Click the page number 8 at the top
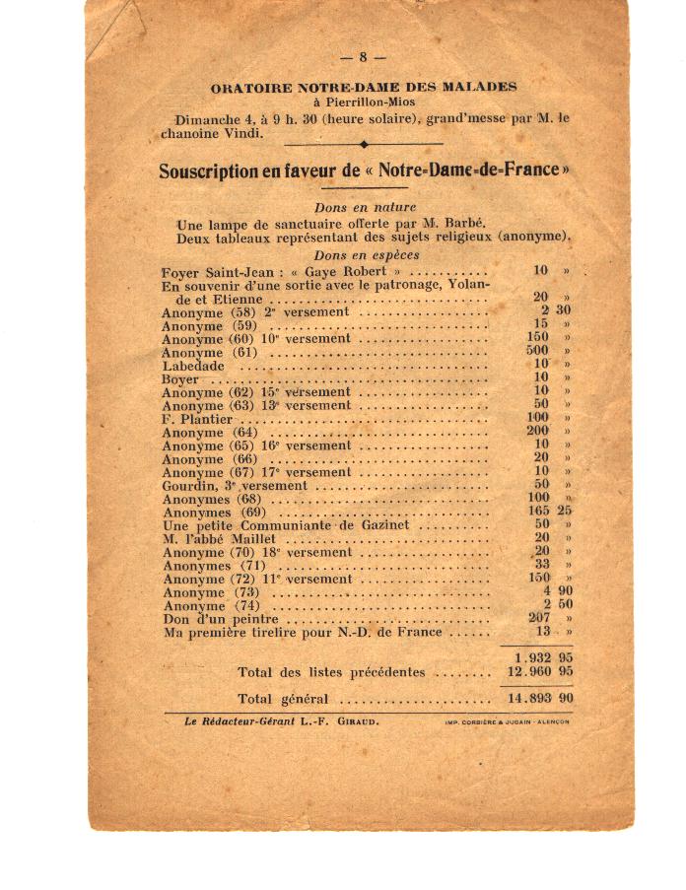coord(364,57)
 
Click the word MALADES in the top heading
coord(479,88)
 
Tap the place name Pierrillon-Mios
coord(364,103)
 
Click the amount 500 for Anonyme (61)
coord(537,352)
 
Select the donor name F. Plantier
coord(197,419)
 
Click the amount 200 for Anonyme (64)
coord(537,432)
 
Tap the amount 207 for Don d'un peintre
coord(537,618)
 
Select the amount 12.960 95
coord(539,672)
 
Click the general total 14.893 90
coord(539,698)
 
